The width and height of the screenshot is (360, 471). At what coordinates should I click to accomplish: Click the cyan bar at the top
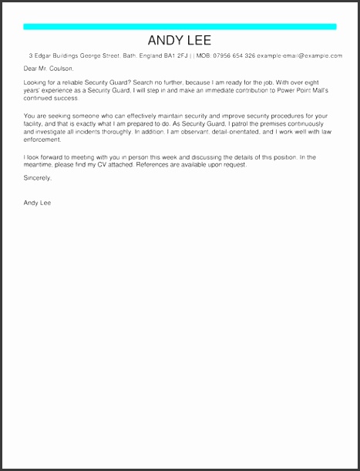tap(180, 27)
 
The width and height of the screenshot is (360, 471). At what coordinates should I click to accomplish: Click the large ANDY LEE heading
tap(180, 41)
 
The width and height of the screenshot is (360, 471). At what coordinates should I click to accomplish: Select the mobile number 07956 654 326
tap(233, 56)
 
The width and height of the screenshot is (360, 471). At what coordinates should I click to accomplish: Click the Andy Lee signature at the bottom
tap(37, 204)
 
